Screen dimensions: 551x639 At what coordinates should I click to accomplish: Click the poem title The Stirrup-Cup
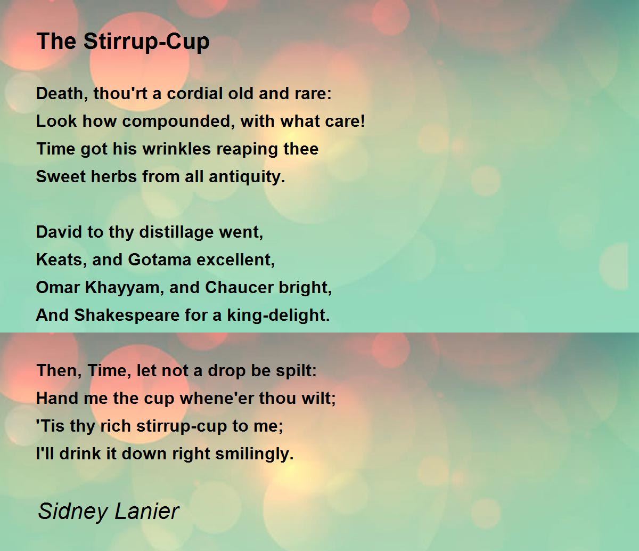[123, 42]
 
